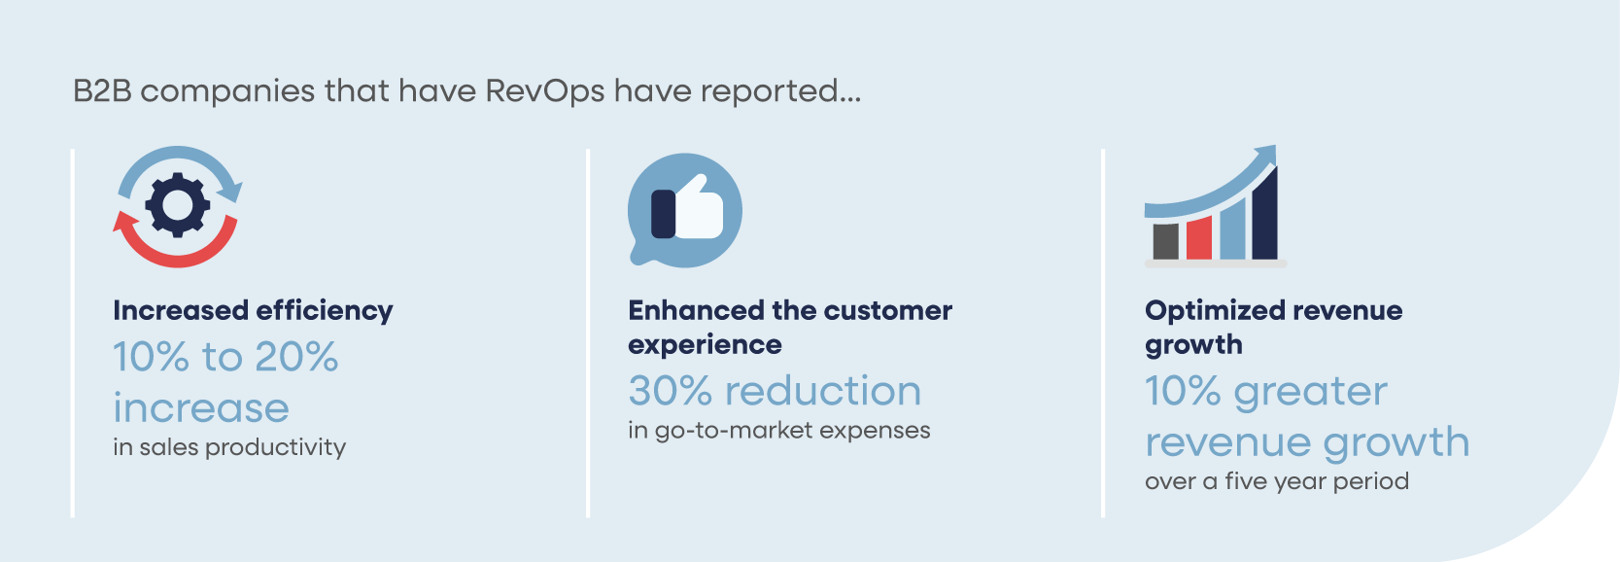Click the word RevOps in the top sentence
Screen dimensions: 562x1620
(x=544, y=91)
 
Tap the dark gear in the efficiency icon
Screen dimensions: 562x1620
(x=178, y=205)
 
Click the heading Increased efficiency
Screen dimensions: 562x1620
(x=253, y=310)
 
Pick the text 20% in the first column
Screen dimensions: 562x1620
(x=296, y=357)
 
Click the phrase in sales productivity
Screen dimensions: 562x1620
(x=229, y=447)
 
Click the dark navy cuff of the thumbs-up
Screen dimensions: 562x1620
(x=663, y=214)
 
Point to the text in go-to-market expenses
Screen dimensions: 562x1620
(x=778, y=431)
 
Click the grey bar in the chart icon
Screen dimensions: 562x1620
(x=1165, y=241)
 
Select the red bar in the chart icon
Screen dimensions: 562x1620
(x=1199, y=237)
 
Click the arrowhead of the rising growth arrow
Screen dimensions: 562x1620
(x=1265, y=157)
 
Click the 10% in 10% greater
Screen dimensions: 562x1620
(x=1183, y=391)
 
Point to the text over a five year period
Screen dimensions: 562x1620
(x=1276, y=481)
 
